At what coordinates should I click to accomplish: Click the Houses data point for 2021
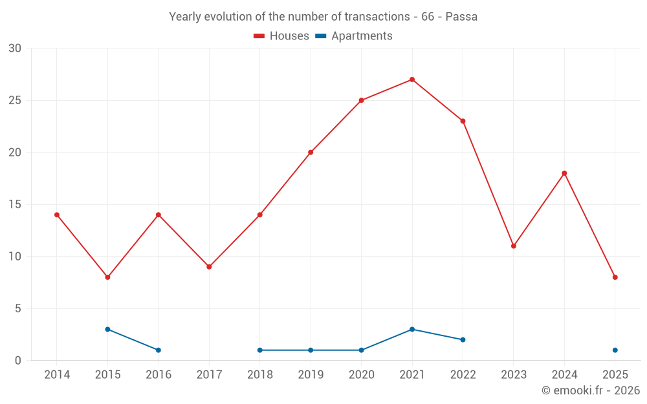[x=412, y=80]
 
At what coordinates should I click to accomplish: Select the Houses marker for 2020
[x=361, y=100]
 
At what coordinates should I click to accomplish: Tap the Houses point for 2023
[x=514, y=246]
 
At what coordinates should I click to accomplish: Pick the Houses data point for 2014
[x=57, y=215]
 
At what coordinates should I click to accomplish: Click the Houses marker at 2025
[x=615, y=277]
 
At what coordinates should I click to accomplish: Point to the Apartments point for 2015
[x=107, y=329]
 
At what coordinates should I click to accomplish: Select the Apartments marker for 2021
[x=412, y=329]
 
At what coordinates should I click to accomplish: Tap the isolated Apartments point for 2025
[x=615, y=350]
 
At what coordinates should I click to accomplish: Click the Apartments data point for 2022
[x=463, y=339]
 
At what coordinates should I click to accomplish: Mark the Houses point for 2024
[x=564, y=173]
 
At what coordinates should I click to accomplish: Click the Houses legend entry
[x=281, y=36]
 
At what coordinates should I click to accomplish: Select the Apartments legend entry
[x=354, y=36]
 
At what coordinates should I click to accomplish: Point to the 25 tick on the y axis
[x=15, y=100]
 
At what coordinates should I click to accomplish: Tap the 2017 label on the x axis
[x=209, y=375]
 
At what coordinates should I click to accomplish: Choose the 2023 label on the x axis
[x=514, y=375]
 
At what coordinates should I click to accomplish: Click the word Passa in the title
[x=461, y=17]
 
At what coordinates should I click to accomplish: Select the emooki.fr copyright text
[x=591, y=390]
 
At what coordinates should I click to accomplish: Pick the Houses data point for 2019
[x=311, y=153]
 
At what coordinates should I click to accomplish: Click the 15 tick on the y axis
[x=15, y=204]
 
